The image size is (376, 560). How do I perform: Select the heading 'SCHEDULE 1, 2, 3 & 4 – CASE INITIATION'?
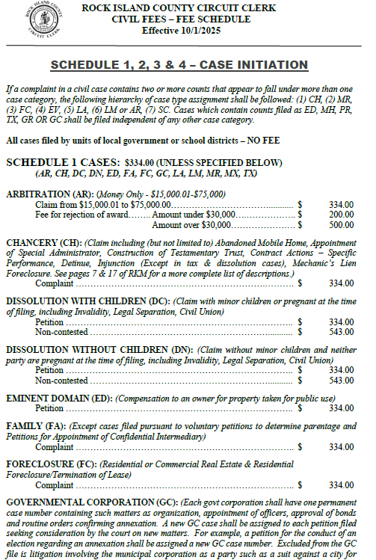(x=188, y=63)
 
